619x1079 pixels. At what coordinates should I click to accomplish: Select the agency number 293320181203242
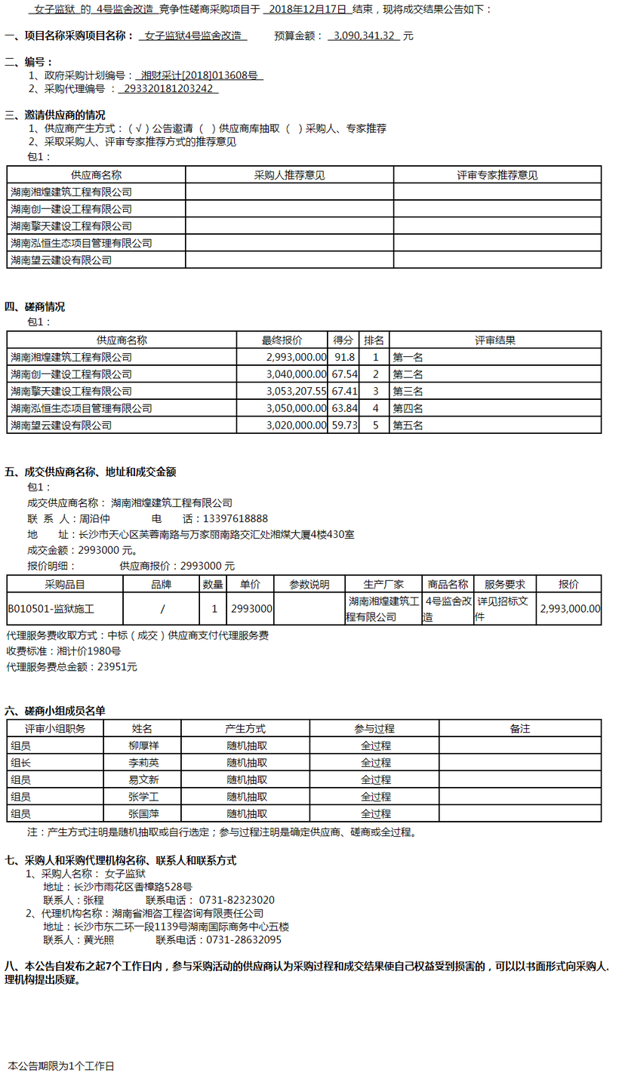[168, 89]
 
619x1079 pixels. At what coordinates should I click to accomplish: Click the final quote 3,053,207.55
[296, 391]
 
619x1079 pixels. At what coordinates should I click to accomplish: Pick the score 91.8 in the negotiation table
[344, 357]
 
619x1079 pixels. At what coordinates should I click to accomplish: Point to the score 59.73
[344, 425]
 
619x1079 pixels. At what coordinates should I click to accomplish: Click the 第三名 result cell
[408, 391]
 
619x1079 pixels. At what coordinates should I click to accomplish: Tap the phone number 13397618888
[235, 518]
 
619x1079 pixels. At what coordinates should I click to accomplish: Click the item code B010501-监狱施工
[51, 608]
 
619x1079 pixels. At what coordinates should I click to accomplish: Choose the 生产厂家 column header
[383, 584]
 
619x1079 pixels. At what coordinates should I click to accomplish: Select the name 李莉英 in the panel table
[143, 762]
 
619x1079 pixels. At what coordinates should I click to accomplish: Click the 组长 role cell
[21, 762]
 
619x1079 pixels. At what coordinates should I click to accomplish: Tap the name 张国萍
[143, 813]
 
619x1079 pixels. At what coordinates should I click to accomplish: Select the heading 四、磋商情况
[35, 306]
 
